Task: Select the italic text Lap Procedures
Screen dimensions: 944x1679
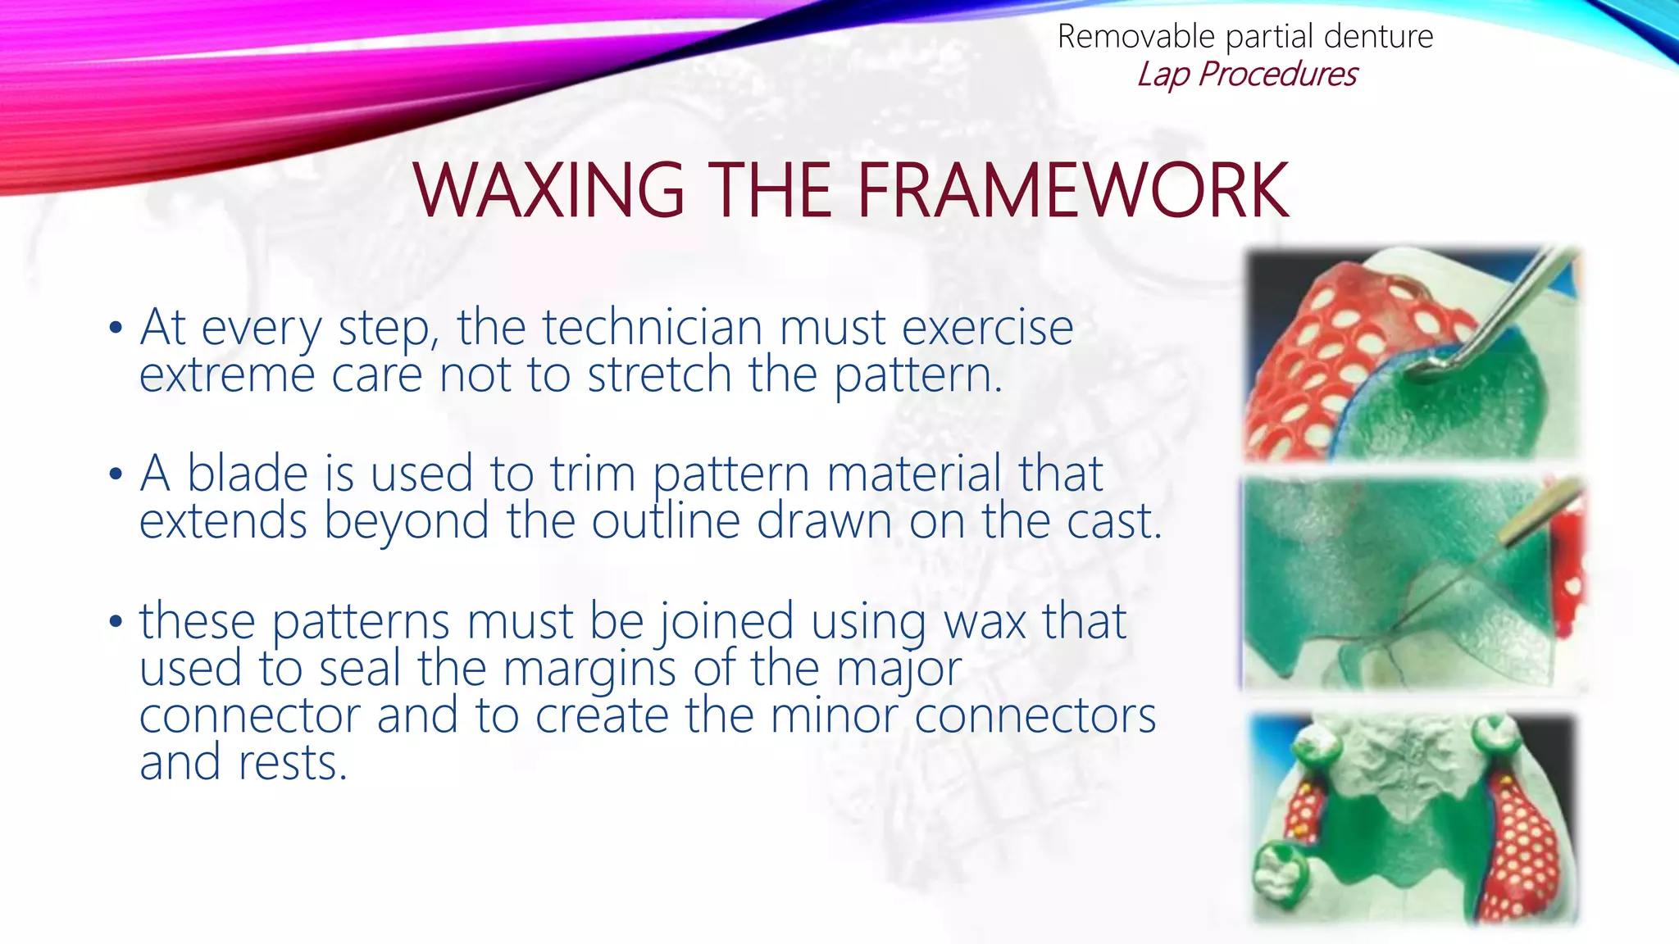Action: [1246, 75]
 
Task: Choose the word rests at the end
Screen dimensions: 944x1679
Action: [293, 763]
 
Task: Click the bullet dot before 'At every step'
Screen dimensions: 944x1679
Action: [116, 329]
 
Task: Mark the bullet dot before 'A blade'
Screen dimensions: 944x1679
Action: [116, 474]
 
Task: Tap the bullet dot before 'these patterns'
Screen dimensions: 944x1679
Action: [116, 621]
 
